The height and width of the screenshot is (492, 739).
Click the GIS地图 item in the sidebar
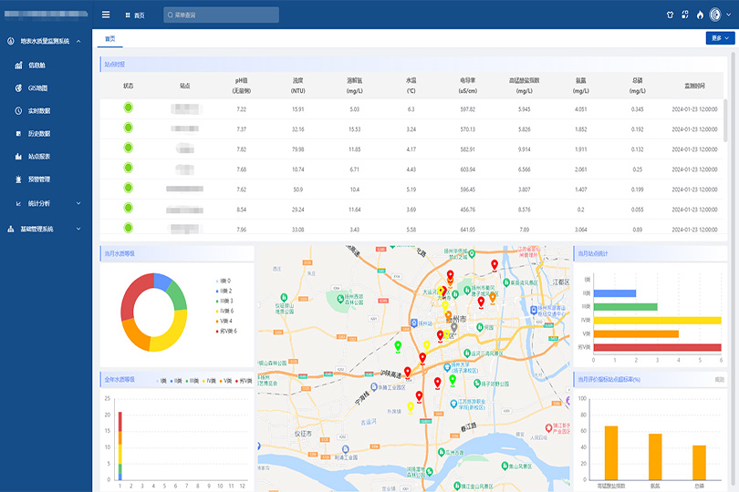pos(36,88)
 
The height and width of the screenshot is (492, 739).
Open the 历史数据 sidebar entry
pos(38,134)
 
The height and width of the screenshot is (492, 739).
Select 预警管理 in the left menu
pos(38,179)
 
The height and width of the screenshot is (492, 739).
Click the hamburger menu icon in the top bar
pos(106,15)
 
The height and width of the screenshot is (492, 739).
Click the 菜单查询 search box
pos(222,15)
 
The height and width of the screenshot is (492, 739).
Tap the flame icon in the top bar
pos(700,15)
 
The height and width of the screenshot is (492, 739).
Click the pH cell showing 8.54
pos(242,210)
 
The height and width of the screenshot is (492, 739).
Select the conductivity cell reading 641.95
pos(468,230)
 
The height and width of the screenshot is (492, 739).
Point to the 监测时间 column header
pos(694,85)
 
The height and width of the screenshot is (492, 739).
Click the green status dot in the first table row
pos(129,108)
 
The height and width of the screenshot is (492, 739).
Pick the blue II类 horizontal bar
pos(621,293)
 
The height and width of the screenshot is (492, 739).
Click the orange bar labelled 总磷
pos(699,462)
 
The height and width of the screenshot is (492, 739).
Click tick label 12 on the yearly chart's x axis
pos(242,487)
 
